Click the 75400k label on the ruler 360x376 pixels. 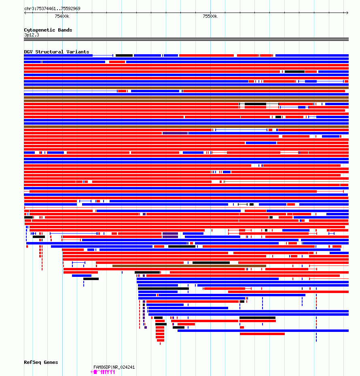(62, 16)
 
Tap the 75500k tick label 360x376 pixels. (210, 16)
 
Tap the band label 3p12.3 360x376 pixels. (32, 35)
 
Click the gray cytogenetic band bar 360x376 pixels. (186, 39)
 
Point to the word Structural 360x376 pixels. (49, 52)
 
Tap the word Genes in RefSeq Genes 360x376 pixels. (51, 362)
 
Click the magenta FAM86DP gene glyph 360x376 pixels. (104, 372)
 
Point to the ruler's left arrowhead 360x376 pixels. (25, 13)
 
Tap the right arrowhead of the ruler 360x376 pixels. (347, 13)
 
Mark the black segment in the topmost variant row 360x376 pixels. (124, 55)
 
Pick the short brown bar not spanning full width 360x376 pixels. (189, 266)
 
